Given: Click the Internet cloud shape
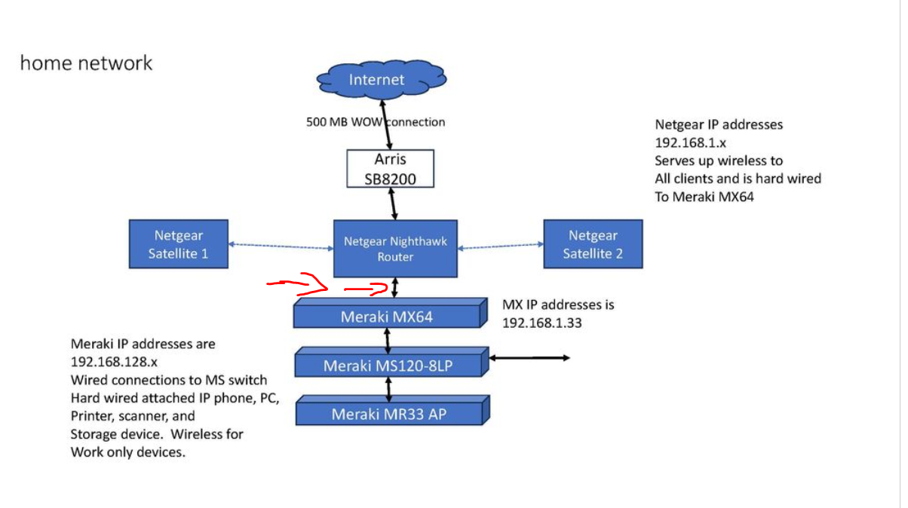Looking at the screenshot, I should tap(381, 78).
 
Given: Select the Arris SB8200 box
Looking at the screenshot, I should tap(390, 169).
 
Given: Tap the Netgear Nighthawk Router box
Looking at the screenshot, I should tap(396, 248).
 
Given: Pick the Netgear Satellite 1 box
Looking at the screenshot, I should tap(178, 244).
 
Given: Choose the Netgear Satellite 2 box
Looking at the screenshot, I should tap(593, 244).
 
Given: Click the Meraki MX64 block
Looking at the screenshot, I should tap(387, 317).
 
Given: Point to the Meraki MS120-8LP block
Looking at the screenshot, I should tap(388, 366).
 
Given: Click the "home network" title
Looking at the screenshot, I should tap(86, 63).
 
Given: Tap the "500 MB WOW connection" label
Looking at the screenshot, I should tap(376, 121).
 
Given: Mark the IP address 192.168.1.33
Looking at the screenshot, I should tap(540, 323).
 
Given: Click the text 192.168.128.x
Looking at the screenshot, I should tap(114, 362).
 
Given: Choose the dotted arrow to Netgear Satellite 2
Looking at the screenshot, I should tap(501, 245).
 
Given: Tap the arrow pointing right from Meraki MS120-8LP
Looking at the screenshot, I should tap(531, 358).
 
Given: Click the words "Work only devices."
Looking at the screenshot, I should tap(128, 452).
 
